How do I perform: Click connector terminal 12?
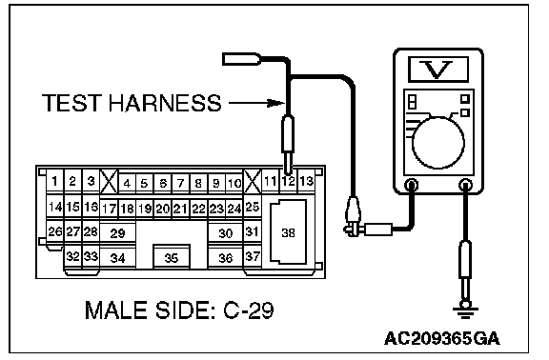click(289, 182)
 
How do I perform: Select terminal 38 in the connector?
click(288, 232)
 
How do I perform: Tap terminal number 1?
click(55, 181)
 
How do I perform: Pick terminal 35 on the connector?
click(172, 257)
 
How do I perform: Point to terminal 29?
click(117, 232)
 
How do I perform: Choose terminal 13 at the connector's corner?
click(306, 182)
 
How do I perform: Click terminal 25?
click(252, 207)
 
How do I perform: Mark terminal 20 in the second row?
click(162, 209)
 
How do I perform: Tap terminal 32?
click(72, 256)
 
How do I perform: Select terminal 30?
click(226, 232)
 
